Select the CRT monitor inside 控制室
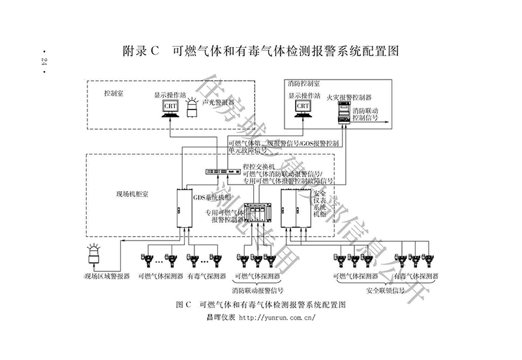pyautogui.click(x=170, y=107)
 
